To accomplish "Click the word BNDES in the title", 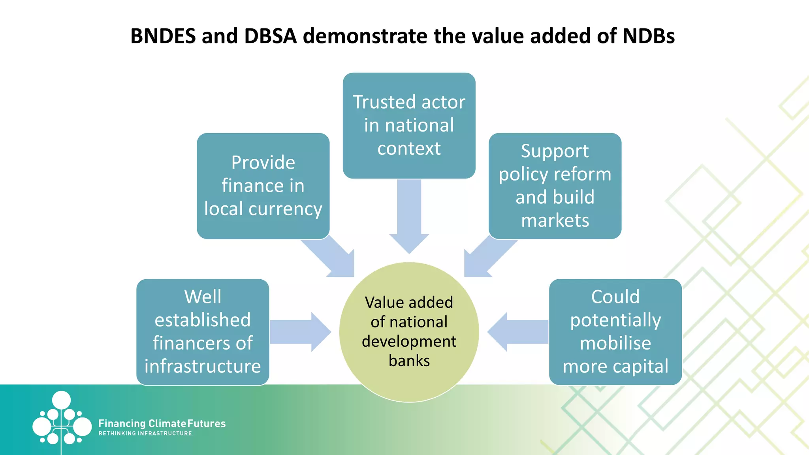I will pos(163,36).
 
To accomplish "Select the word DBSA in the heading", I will pos(270,36).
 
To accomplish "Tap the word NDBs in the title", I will pos(648,36).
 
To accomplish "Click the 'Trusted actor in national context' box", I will pos(409,125).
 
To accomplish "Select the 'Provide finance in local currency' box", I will pos(263,186).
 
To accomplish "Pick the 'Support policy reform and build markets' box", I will pos(555,186).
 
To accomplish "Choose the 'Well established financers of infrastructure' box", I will pos(203,332).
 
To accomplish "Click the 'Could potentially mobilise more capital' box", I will pos(615,332).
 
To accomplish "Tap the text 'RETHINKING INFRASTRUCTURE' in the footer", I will pos(145,433).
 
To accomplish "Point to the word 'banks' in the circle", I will pos(409,361).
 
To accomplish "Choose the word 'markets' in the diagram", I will pos(555,220).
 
